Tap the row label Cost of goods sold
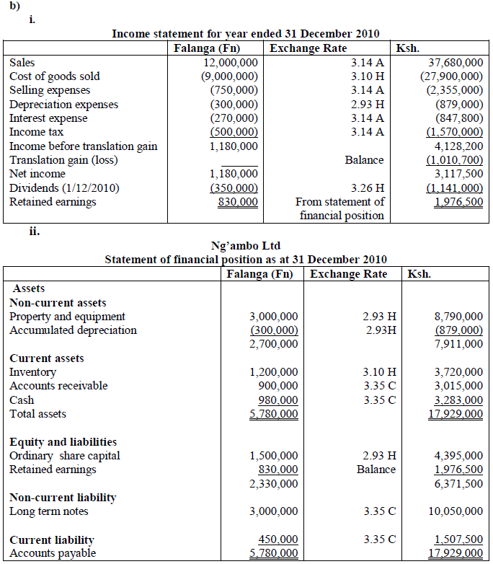coord(55,76)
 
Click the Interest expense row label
coord(48,118)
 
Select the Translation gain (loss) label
coord(63,159)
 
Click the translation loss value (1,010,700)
coord(455,159)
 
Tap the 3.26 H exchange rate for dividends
coord(366,188)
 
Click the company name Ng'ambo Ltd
coord(246,246)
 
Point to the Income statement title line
coord(246,34)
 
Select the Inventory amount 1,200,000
coord(273,372)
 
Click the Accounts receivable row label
coord(58,386)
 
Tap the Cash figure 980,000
coord(278,400)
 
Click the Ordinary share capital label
coord(65,456)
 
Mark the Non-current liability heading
coord(63,498)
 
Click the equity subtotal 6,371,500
coord(458,483)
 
